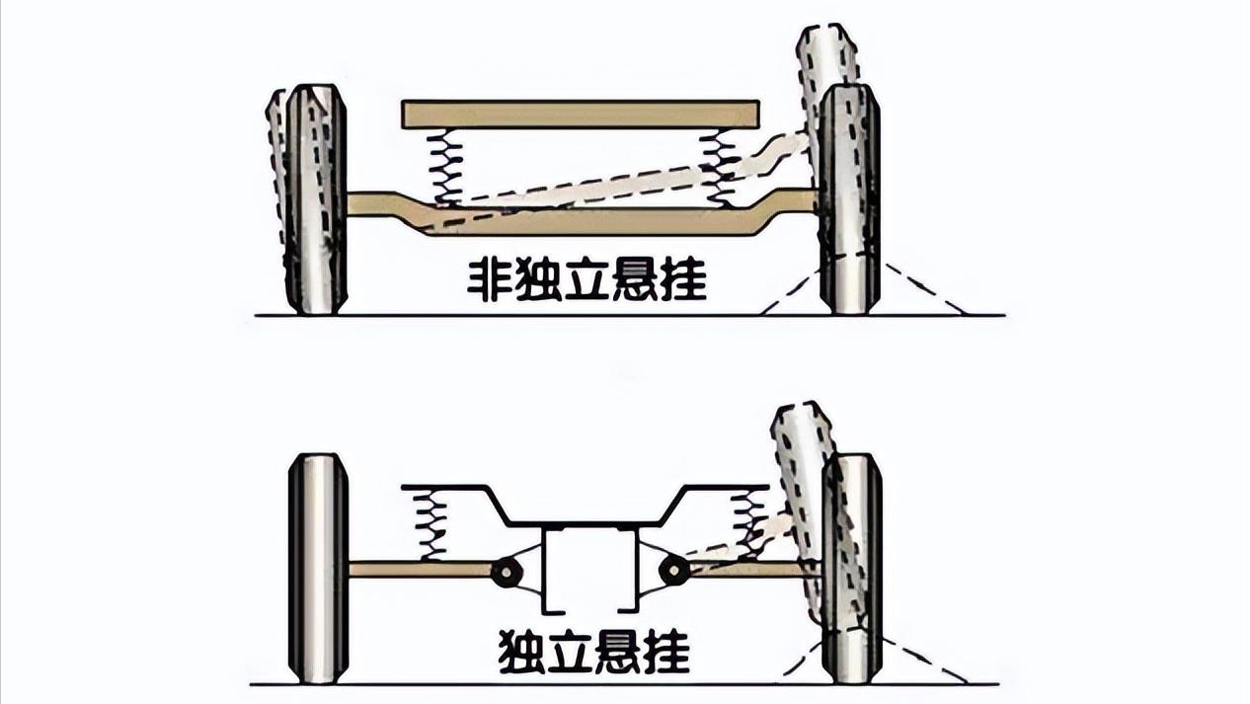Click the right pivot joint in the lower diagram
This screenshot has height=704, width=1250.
[x=673, y=570]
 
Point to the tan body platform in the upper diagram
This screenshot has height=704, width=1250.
[x=580, y=115]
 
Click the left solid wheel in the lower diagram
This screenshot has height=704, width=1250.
[x=318, y=568]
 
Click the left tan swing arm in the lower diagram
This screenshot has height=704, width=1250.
[x=420, y=569]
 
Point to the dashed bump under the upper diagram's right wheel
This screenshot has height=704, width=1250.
[x=918, y=291]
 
